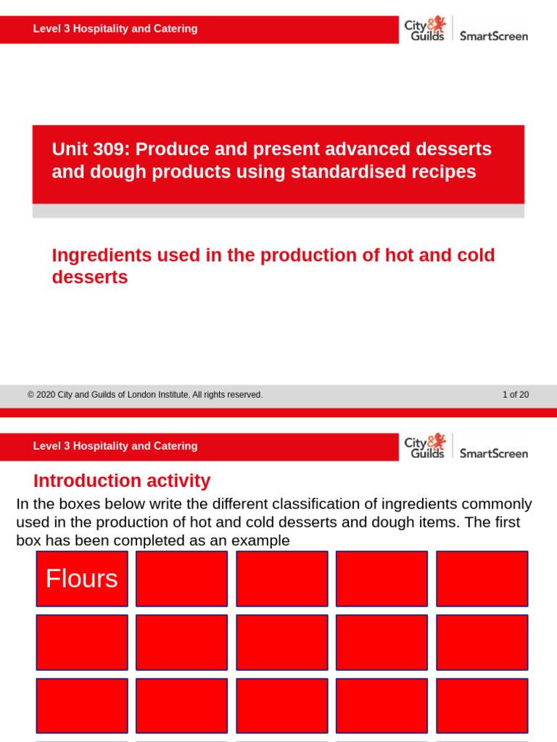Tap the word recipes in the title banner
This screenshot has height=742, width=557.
[x=442, y=172]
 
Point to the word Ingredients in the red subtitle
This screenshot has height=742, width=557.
[x=102, y=256]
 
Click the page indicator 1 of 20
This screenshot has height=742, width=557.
[x=516, y=395]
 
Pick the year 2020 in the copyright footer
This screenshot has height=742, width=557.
[x=46, y=395]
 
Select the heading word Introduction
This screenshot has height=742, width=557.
[x=88, y=481]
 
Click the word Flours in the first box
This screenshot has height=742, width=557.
[x=82, y=579]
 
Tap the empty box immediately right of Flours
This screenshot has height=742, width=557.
[x=181, y=579]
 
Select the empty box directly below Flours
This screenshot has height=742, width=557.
[x=82, y=642]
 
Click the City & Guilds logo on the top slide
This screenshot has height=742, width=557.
[x=424, y=30]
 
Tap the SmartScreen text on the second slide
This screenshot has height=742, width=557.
[x=494, y=454]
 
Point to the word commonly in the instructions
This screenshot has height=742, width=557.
[x=497, y=504]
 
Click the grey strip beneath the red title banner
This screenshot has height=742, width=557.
[x=278, y=211]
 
